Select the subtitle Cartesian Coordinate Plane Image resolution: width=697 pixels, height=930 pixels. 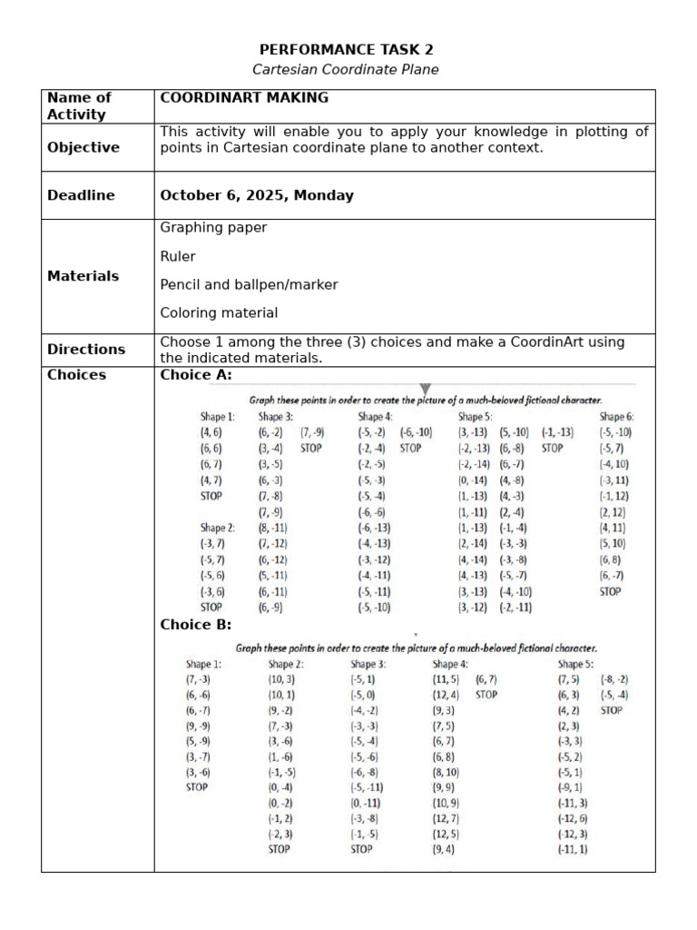[x=345, y=70]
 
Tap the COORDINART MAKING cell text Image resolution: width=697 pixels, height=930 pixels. [x=244, y=97]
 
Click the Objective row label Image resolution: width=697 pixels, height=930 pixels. [x=83, y=147]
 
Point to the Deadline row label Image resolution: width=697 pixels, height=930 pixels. [x=81, y=195]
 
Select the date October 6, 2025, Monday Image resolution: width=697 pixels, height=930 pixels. [x=257, y=195]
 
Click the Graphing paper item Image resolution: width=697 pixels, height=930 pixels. [x=213, y=228]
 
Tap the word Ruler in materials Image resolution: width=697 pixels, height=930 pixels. [x=178, y=256]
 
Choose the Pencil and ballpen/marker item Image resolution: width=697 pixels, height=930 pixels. [x=249, y=284]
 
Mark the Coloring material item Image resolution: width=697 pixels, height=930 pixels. [x=219, y=312]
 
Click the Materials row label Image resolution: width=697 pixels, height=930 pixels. [x=83, y=276]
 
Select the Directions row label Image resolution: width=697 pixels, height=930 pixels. [x=86, y=349]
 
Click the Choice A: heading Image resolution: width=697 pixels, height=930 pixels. [x=196, y=375]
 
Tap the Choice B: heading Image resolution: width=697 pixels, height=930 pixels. [x=196, y=624]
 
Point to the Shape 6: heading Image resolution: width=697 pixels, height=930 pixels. [x=616, y=416]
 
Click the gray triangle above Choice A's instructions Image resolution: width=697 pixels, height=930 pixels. [x=426, y=390]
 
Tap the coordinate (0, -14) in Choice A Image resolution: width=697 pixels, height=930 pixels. [x=473, y=480]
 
